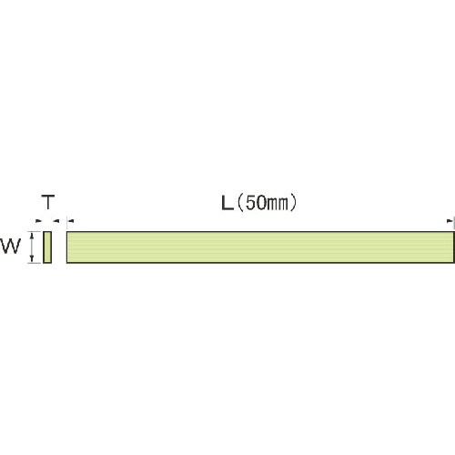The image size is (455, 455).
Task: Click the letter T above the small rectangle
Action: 48,202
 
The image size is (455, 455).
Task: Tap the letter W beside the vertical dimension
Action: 10,246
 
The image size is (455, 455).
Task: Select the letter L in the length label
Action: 227,203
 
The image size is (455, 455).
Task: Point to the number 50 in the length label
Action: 257,203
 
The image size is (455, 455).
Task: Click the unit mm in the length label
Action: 278,205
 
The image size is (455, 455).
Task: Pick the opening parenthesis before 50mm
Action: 240,203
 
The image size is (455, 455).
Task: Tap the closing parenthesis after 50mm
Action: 293,203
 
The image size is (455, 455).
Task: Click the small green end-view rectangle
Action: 47,247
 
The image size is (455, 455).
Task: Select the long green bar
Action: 260,247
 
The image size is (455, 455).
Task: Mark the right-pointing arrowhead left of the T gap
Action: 38,221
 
